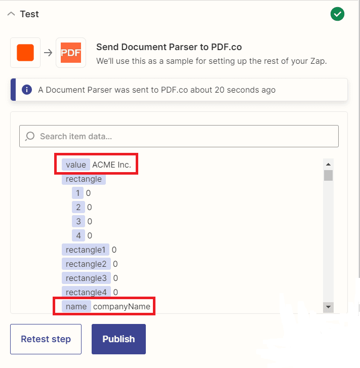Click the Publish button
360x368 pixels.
(x=118, y=339)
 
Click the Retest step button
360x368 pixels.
(x=46, y=339)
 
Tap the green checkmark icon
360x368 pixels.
(x=337, y=14)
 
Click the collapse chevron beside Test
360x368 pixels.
(x=11, y=14)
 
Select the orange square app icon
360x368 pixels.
(x=25, y=53)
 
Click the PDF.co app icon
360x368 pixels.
(x=71, y=53)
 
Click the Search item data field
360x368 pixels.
(x=182, y=136)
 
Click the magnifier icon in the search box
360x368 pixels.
(x=30, y=136)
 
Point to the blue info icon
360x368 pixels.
(x=27, y=90)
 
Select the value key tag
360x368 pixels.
(x=76, y=165)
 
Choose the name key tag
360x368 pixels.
(x=76, y=306)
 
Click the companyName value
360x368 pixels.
(x=122, y=306)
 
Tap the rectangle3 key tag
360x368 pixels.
(x=86, y=278)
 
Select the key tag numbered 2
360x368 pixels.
(x=78, y=207)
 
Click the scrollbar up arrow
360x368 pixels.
(x=328, y=164)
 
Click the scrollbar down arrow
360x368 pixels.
(x=328, y=307)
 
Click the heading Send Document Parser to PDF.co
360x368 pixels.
(x=169, y=47)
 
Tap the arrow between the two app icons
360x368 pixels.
(x=48, y=53)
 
